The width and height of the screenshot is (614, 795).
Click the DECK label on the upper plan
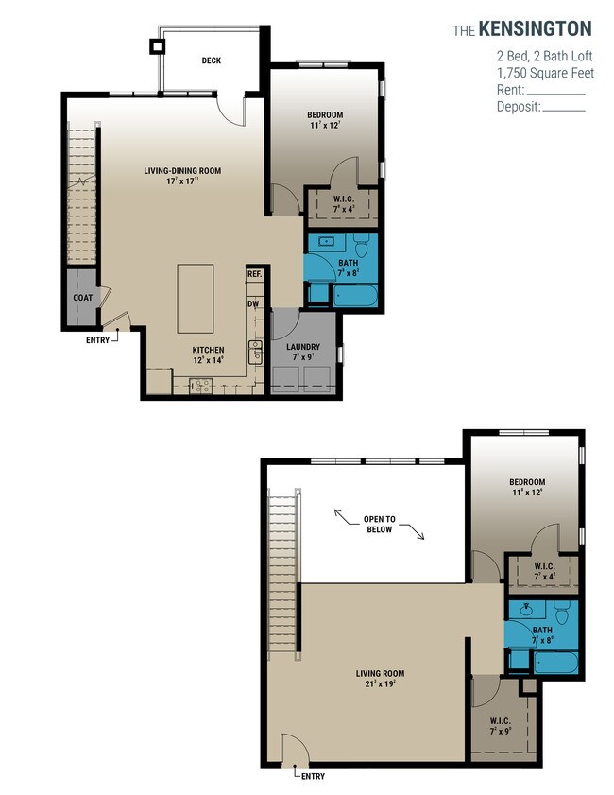(x=211, y=60)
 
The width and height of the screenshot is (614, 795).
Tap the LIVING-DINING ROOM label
(x=182, y=171)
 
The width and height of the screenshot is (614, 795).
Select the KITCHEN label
(x=208, y=349)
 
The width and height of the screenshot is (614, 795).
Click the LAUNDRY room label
(x=303, y=347)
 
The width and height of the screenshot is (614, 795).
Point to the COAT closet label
(x=82, y=297)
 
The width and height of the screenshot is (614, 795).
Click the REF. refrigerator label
(x=254, y=274)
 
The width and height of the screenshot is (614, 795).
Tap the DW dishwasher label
(x=253, y=304)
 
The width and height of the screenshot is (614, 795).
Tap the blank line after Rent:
(x=556, y=93)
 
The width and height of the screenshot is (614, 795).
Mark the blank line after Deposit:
(x=564, y=110)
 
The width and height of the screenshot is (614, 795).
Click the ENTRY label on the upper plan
(x=96, y=338)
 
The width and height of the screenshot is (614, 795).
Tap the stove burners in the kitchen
(x=201, y=385)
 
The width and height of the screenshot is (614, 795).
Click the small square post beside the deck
(x=156, y=44)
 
